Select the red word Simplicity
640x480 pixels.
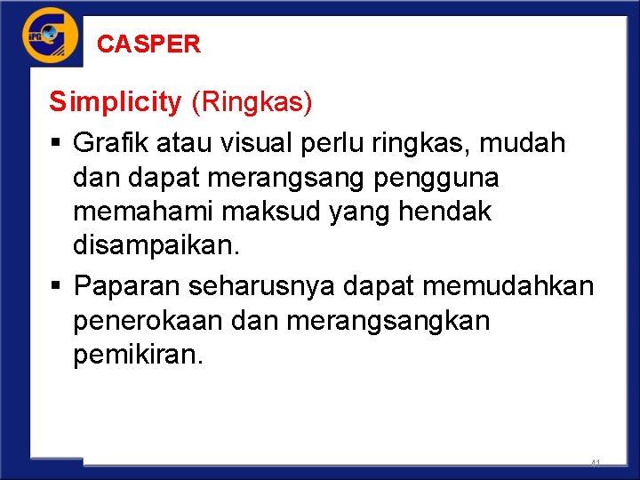click(x=115, y=103)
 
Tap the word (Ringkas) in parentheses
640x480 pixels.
click(x=252, y=103)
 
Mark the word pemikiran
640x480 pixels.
click(x=139, y=356)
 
